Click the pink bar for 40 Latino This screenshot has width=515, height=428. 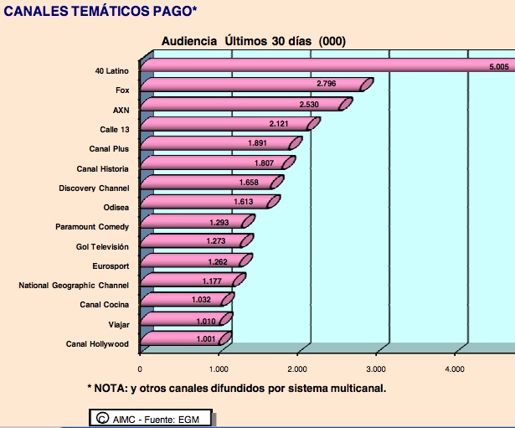[327, 65]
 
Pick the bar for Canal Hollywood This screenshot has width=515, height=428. [184, 338]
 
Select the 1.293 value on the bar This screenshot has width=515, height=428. [222, 221]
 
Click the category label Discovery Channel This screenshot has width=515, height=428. [94, 188]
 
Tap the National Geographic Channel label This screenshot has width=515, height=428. [74, 286]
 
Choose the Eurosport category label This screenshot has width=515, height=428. [111, 266]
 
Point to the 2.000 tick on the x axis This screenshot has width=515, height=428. [298, 369]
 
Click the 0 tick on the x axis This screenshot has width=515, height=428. [141, 369]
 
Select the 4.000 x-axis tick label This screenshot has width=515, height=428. [455, 369]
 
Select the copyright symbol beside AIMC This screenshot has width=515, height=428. [101, 418]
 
